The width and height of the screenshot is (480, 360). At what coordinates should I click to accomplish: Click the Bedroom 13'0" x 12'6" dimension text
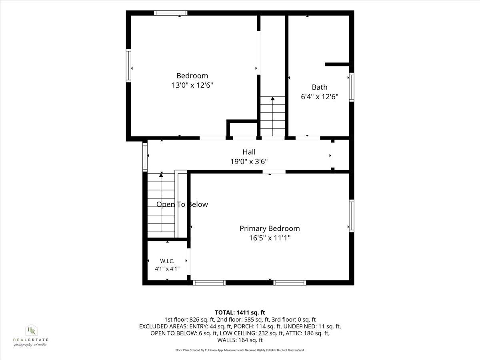click(192, 85)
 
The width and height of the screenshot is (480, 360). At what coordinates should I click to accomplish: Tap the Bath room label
click(320, 87)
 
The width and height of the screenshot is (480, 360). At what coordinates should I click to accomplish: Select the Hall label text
click(249, 152)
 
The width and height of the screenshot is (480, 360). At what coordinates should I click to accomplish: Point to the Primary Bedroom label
click(270, 228)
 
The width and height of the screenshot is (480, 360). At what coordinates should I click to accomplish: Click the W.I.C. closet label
click(167, 261)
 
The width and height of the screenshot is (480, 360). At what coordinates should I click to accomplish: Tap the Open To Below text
click(182, 204)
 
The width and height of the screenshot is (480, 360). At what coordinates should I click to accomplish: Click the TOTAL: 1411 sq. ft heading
click(240, 312)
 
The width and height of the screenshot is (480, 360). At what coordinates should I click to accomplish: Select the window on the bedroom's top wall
click(170, 13)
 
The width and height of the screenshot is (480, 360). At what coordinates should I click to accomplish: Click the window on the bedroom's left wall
click(128, 66)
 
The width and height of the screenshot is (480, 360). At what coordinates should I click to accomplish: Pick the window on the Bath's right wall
click(352, 87)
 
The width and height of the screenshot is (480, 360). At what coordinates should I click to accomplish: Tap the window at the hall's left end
click(145, 156)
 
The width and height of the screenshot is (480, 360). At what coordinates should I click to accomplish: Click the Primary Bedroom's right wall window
click(352, 216)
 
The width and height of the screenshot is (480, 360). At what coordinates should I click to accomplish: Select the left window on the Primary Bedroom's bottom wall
click(209, 283)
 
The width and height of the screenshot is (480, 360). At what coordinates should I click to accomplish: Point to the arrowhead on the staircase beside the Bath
click(272, 98)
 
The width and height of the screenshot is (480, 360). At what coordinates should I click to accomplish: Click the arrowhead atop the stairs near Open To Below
click(161, 174)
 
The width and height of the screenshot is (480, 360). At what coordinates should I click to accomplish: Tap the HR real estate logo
click(31, 335)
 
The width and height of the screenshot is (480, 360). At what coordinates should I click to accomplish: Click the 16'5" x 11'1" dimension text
click(270, 238)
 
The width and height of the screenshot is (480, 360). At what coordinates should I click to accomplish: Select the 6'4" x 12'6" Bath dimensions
click(320, 97)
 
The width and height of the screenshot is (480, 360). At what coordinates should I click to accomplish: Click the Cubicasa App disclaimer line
click(240, 350)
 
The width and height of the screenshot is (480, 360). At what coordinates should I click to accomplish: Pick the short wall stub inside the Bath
click(337, 64)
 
